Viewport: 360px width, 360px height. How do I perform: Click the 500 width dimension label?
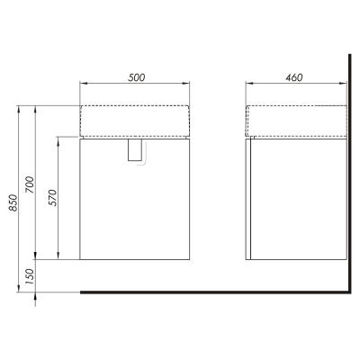click(x=137, y=77)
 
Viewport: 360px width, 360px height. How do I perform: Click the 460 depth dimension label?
click(x=294, y=77)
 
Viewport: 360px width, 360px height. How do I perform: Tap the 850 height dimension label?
click(x=13, y=202)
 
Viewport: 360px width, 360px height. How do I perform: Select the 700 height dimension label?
click(x=31, y=184)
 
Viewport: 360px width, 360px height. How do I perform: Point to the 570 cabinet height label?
click(x=52, y=198)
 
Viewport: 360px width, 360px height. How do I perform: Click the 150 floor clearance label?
click(x=31, y=276)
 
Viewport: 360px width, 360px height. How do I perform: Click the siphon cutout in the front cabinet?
click(x=134, y=149)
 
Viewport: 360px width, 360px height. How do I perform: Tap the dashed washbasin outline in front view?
click(x=134, y=105)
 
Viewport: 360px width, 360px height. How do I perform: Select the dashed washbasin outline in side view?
click(x=296, y=105)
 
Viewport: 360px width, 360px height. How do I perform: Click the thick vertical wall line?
click(x=350, y=174)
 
